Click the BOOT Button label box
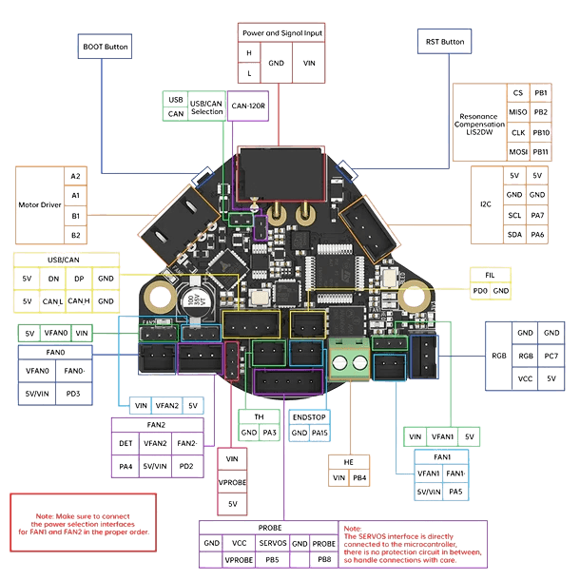click(x=104, y=46)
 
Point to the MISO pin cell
click(x=518, y=112)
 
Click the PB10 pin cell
click(x=541, y=132)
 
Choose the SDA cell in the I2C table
click(x=515, y=235)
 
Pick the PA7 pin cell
click(x=538, y=215)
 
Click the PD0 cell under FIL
click(x=481, y=290)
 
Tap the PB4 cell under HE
click(x=359, y=478)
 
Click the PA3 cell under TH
click(x=270, y=433)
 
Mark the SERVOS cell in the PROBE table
click(x=274, y=543)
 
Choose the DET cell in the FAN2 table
click(x=126, y=442)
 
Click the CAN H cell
click(x=80, y=301)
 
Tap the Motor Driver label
click(x=39, y=204)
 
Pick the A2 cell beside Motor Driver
click(x=75, y=176)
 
